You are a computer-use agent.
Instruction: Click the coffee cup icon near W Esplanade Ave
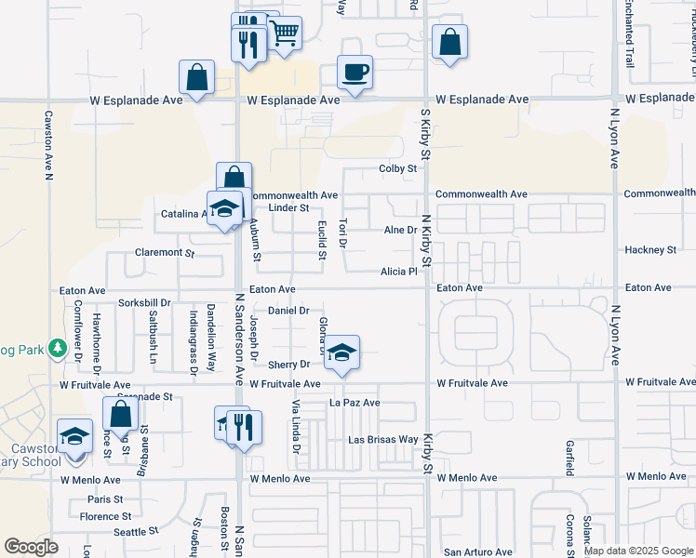point(355,72)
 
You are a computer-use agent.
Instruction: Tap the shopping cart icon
point(286,34)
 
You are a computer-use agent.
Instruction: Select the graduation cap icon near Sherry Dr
point(342,352)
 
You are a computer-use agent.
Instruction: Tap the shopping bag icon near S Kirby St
point(449,42)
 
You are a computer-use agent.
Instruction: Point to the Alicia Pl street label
point(399,272)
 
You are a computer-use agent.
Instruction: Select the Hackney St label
point(649,250)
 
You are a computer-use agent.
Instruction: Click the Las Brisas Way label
point(382,439)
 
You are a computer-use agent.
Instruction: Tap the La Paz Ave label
point(355,403)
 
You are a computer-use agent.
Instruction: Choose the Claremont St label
point(163,252)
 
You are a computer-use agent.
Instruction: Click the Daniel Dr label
point(288,310)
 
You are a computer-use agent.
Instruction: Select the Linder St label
point(288,207)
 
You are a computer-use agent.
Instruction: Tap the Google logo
point(31,547)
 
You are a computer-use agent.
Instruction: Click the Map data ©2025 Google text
point(637,551)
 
